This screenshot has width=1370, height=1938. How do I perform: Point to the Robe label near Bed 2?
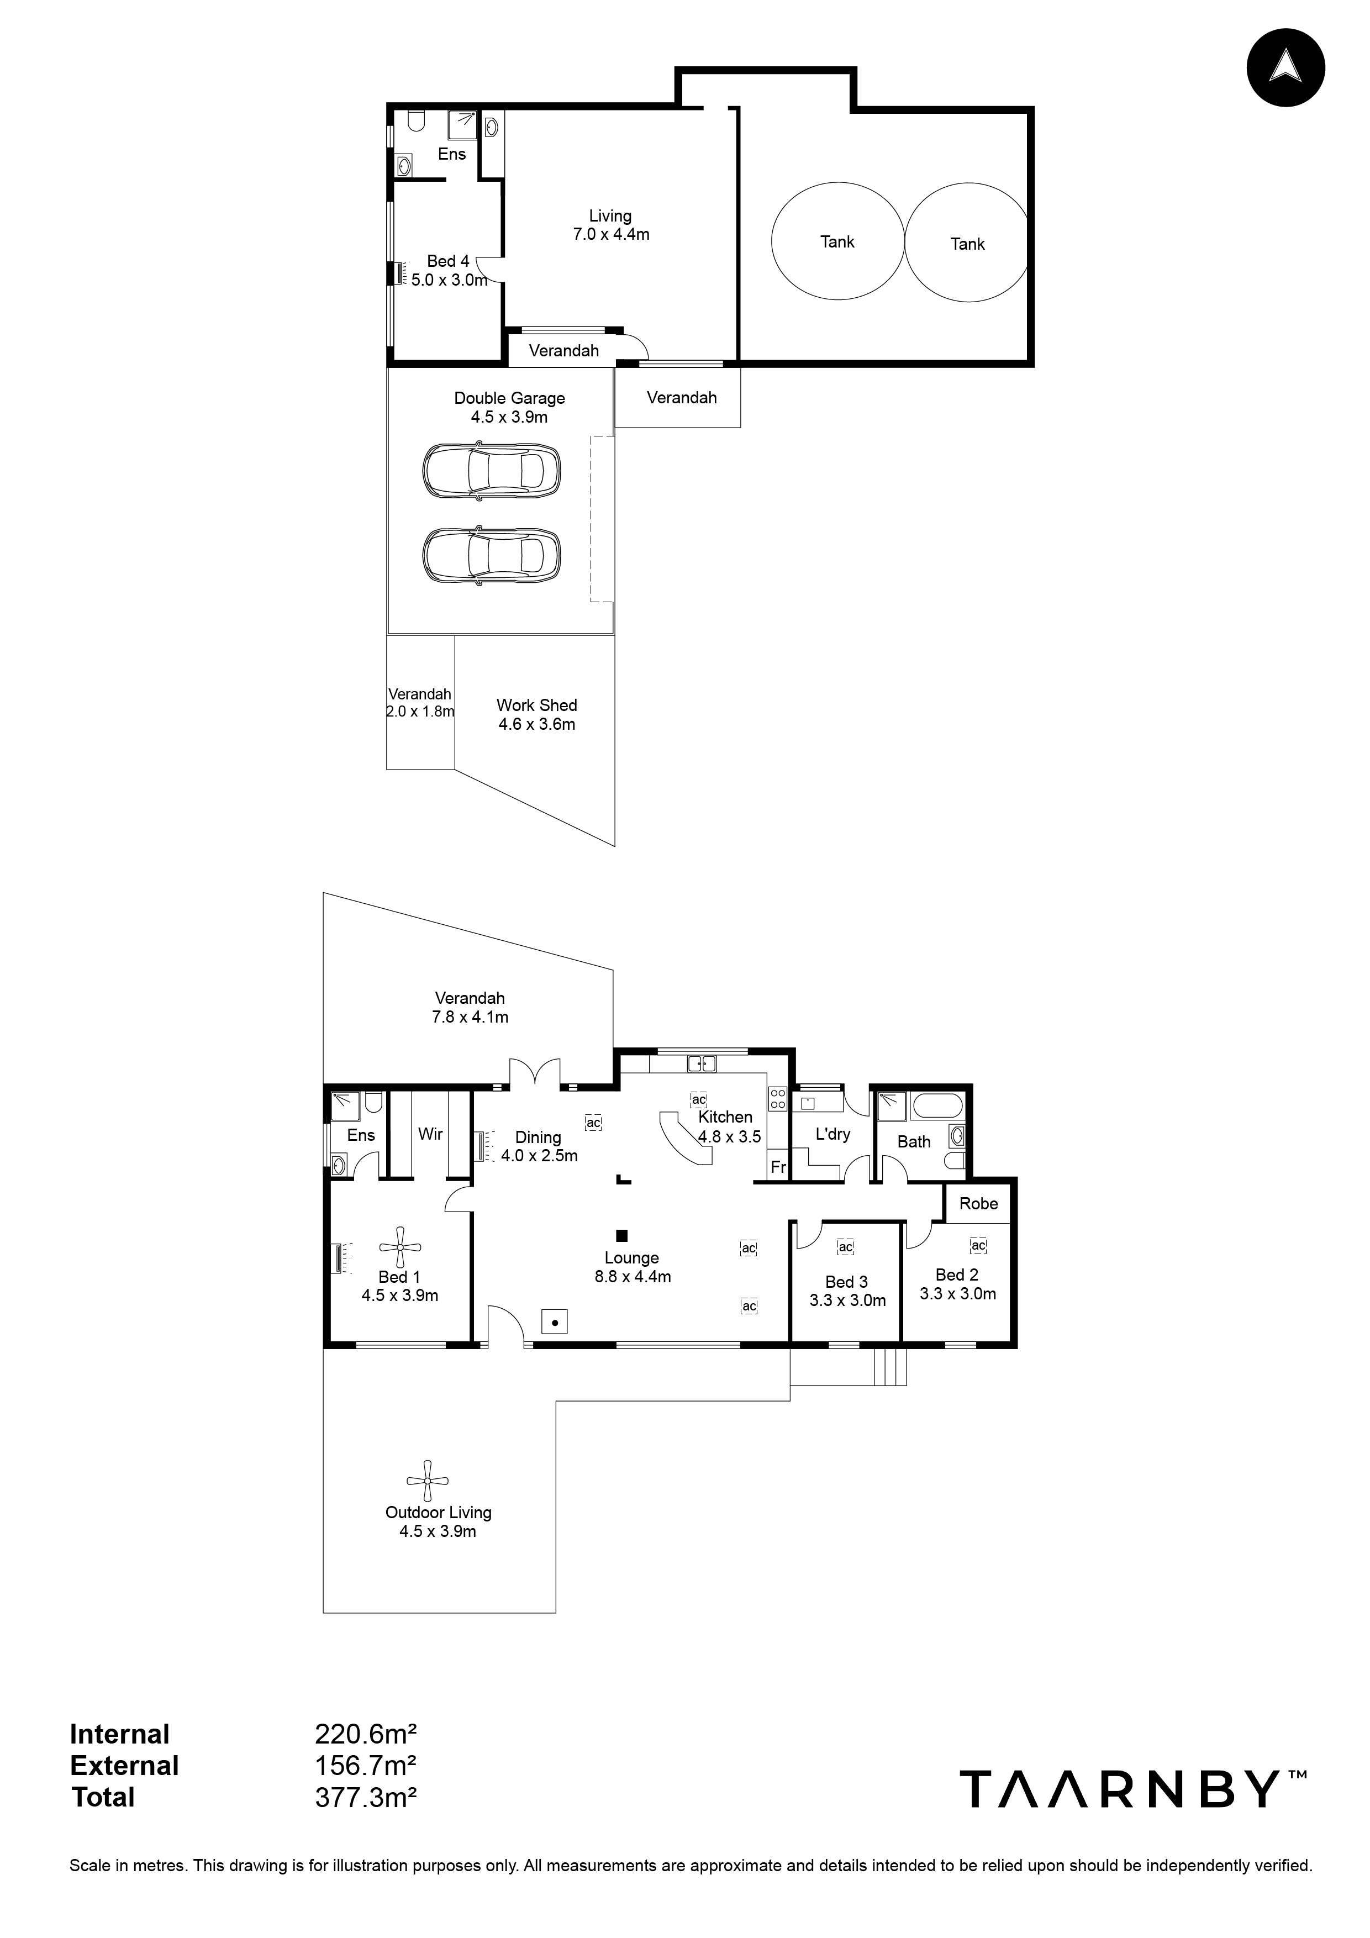point(978,1204)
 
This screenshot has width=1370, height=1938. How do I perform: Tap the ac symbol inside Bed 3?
point(846,1247)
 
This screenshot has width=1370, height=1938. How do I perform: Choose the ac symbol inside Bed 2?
point(977,1245)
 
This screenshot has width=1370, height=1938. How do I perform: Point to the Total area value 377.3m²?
point(366,1797)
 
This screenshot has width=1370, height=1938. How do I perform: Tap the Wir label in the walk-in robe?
point(430,1134)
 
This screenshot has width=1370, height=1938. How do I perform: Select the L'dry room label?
point(832,1134)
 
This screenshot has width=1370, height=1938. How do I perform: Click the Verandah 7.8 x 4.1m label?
point(470,1007)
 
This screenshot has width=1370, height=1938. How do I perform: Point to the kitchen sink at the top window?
point(702,1063)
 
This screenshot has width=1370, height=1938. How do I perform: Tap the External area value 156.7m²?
point(366,1766)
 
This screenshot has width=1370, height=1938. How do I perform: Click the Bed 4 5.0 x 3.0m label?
point(448,270)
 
